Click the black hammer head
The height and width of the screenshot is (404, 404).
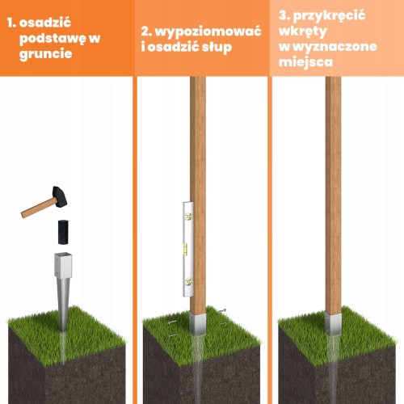pos(60,197)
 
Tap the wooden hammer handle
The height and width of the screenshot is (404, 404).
pos(40,208)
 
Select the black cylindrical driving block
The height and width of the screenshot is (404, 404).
pos(63,232)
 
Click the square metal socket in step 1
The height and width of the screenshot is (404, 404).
pos(63,265)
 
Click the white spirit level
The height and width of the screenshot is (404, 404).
pos(188,249)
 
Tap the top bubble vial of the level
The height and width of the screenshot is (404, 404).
pos(188,216)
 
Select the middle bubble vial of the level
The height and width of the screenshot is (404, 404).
pos(185,249)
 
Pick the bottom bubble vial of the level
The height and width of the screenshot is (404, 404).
pos(188,282)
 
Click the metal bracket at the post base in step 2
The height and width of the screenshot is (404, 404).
pos(197,324)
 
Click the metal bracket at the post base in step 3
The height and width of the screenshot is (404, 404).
pos(333,324)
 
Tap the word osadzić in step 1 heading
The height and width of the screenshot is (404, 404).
pos(45,23)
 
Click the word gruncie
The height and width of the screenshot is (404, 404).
pos(46,53)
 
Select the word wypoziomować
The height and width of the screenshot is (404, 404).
pos(208,32)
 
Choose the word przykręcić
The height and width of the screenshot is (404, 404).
pos(329,15)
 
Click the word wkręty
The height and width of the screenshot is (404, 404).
pos(303,32)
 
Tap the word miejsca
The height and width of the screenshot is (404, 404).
pos(305,61)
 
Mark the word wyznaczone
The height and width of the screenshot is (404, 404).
pos(335,47)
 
